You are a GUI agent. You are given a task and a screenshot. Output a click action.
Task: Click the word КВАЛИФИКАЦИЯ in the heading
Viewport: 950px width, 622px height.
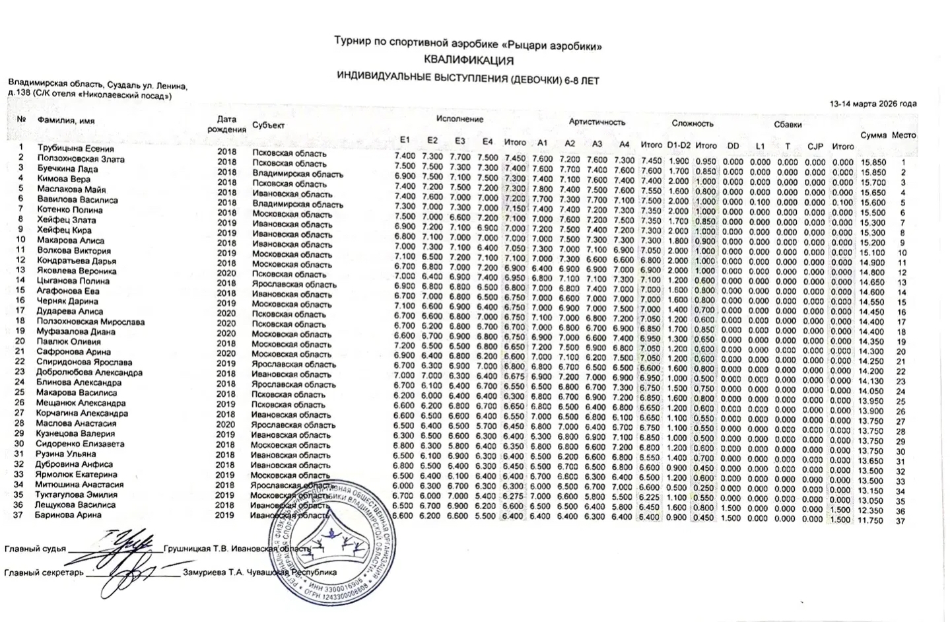click(468, 61)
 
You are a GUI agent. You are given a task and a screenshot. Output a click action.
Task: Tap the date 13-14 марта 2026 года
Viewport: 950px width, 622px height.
click(873, 104)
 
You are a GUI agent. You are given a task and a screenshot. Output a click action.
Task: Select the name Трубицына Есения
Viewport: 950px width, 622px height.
click(75, 149)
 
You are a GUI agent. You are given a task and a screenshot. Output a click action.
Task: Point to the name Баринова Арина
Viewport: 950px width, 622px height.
click(68, 515)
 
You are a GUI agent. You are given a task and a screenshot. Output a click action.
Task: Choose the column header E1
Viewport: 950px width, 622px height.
click(405, 140)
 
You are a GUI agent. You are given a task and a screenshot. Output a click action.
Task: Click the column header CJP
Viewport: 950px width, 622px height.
click(815, 146)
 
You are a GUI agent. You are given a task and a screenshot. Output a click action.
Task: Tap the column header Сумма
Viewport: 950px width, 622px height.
click(873, 135)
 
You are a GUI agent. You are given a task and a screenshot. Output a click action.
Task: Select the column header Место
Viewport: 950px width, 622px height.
click(904, 135)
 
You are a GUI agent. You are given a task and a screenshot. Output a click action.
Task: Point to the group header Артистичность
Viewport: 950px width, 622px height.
click(597, 122)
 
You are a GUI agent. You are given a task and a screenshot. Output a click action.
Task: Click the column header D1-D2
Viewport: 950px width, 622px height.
click(679, 145)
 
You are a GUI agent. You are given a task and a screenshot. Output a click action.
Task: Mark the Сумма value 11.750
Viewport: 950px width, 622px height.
click(871, 520)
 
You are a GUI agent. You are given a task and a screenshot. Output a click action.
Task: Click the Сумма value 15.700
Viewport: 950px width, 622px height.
click(873, 183)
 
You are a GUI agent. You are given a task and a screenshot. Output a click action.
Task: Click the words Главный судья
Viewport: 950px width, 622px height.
click(35, 549)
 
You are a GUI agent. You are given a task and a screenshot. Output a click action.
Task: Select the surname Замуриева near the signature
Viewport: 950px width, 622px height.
click(205, 572)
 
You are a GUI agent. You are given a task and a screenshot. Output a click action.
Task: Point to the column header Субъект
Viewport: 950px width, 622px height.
click(268, 125)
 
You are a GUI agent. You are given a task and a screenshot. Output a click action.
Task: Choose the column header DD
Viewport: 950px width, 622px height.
click(733, 146)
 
